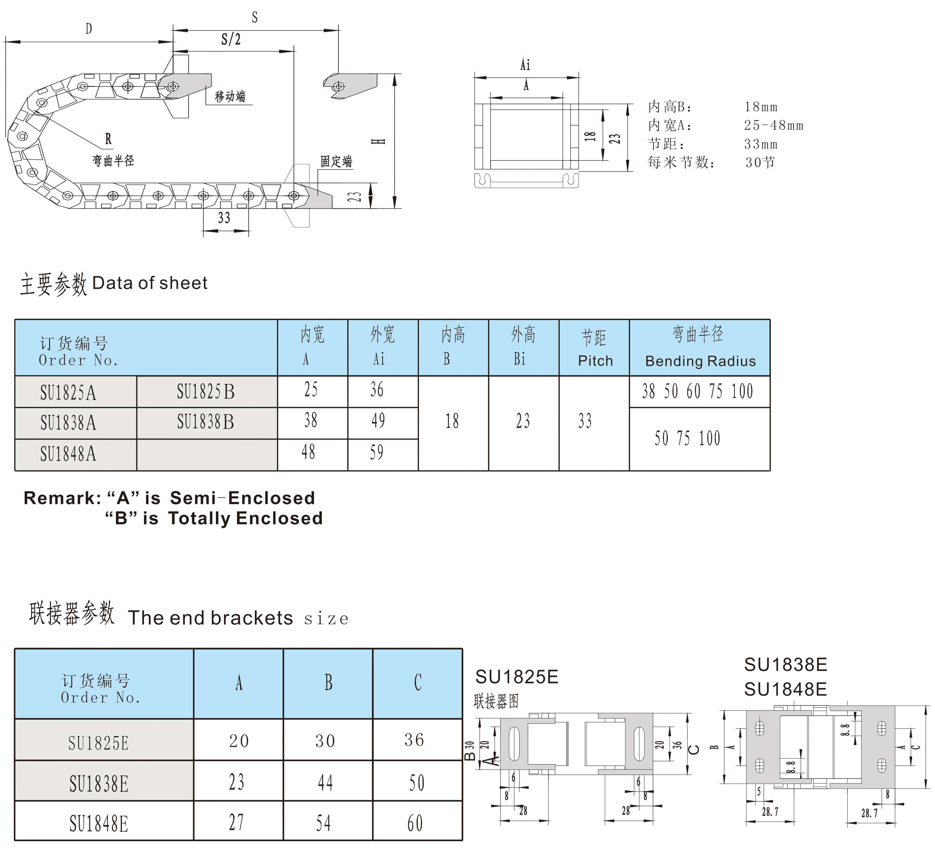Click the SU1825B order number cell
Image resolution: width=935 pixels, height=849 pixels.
(205, 392)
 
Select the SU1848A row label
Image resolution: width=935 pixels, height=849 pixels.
(68, 454)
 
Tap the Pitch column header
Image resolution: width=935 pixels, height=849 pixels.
(595, 348)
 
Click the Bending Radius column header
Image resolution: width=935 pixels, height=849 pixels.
(699, 348)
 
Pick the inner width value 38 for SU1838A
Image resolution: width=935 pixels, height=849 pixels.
(311, 420)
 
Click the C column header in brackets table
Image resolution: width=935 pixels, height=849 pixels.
(417, 683)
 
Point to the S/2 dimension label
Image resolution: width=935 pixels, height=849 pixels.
(231, 39)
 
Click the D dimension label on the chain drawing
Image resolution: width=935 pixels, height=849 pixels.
(88, 29)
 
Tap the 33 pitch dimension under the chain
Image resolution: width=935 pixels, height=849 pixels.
(224, 218)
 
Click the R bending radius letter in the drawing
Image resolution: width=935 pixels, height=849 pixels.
(108, 138)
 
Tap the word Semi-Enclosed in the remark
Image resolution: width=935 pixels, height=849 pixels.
(243, 498)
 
